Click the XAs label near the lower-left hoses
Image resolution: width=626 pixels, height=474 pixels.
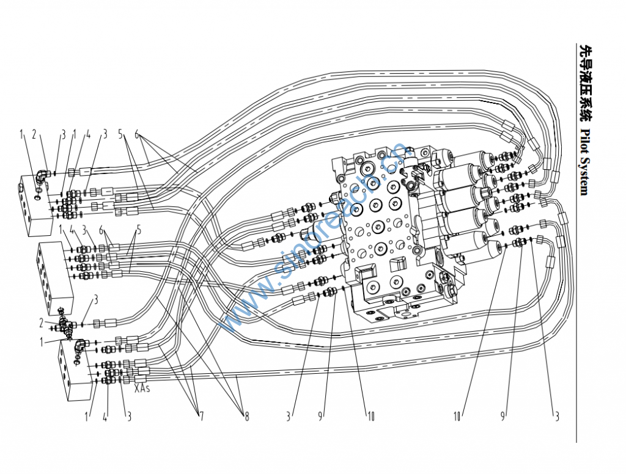(142, 387)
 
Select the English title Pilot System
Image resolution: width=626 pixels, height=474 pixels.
(584, 162)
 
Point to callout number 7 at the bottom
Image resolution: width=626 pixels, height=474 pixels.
(200, 417)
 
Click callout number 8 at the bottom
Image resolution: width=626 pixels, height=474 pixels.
(246, 417)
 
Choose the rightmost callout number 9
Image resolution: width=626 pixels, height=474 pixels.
(503, 417)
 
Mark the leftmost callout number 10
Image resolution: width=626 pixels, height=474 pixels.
(370, 417)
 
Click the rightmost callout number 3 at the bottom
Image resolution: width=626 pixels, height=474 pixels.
(556, 417)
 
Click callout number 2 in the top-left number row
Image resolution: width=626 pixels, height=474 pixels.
(34, 134)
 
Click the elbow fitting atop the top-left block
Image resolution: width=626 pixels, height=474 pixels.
(42, 178)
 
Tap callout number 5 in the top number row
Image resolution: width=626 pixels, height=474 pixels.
(122, 134)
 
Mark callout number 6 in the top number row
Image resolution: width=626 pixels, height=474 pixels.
(137, 134)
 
